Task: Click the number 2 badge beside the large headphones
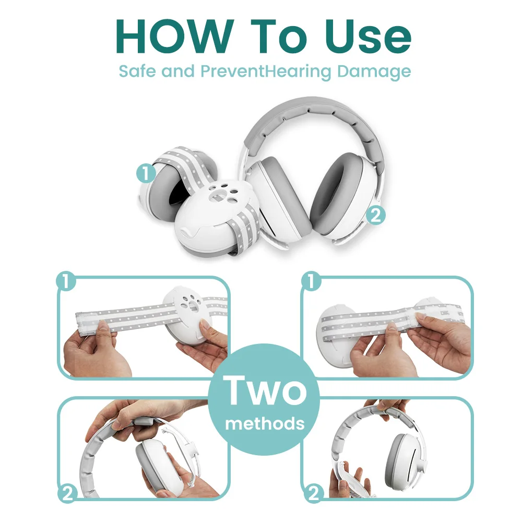point(375,215)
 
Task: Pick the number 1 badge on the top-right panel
point(311,282)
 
